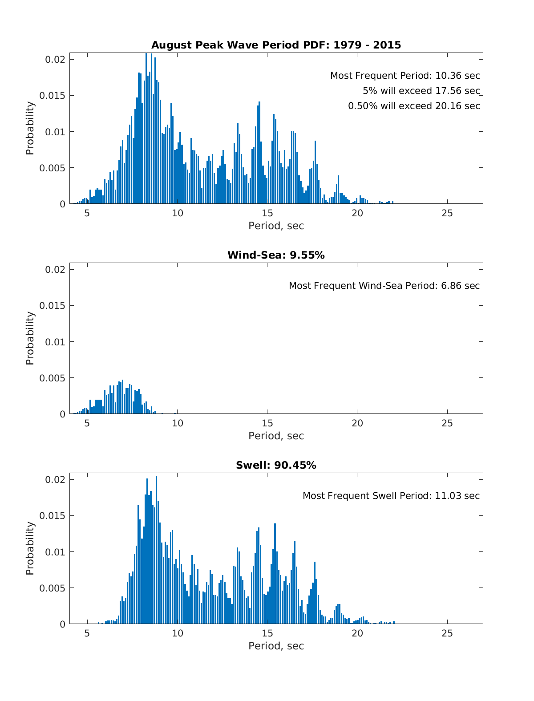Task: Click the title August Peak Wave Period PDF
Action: pos(276,45)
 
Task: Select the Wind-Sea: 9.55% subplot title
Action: pos(276,255)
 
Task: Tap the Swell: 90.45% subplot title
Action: pos(276,465)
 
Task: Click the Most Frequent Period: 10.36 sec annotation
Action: pos(405,76)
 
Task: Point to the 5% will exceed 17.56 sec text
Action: pos(421,91)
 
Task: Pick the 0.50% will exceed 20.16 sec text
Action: pos(414,106)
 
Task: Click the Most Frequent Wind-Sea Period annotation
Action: pos(384,286)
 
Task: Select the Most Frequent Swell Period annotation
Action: pos(391,496)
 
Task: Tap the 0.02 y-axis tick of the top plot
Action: pos(55,60)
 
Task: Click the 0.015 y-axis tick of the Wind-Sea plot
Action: pos(53,306)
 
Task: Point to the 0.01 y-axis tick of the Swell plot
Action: pos(55,552)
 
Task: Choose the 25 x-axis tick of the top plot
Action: pos(447,213)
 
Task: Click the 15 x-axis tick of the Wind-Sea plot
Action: pos(267,423)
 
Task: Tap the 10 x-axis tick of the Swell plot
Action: pos(177,633)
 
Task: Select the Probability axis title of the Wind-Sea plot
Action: pos(30,338)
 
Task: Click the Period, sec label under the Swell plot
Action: pos(276,646)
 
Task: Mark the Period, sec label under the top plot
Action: pos(276,226)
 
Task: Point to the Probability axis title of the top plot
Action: pos(30,128)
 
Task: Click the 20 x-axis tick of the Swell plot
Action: pos(357,633)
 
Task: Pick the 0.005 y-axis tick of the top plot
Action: pos(53,168)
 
